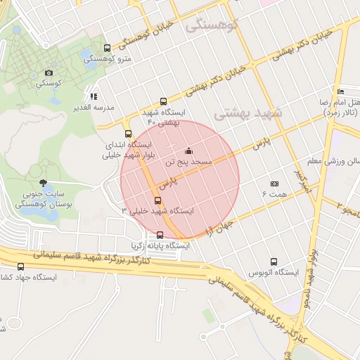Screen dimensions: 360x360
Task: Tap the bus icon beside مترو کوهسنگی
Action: tap(107, 49)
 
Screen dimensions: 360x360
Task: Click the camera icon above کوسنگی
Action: tap(49, 72)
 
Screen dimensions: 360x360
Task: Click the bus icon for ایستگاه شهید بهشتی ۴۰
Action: tap(163, 101)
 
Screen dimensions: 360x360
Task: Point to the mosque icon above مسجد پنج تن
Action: tap(188, 150)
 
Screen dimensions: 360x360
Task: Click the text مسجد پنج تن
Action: tap(188, 162)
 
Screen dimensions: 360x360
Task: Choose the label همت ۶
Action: tap(275, 193)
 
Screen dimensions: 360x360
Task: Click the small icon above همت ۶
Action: tap(274, 184)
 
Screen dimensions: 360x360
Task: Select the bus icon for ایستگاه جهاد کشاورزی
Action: tap(20, 266)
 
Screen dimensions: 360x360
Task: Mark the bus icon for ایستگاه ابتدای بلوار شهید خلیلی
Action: tap(128, 133)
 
